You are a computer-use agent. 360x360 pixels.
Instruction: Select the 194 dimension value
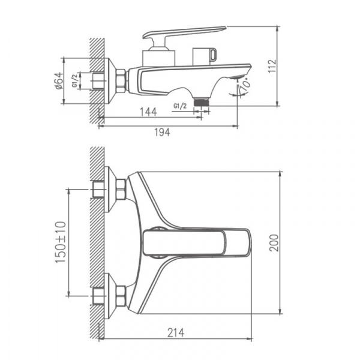coord(161,133)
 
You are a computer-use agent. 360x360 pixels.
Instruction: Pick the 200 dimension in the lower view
coord(291,242)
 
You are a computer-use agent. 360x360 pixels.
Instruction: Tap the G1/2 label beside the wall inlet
coord(74,80)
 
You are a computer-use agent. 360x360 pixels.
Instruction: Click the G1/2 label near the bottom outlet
coord(180,106)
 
